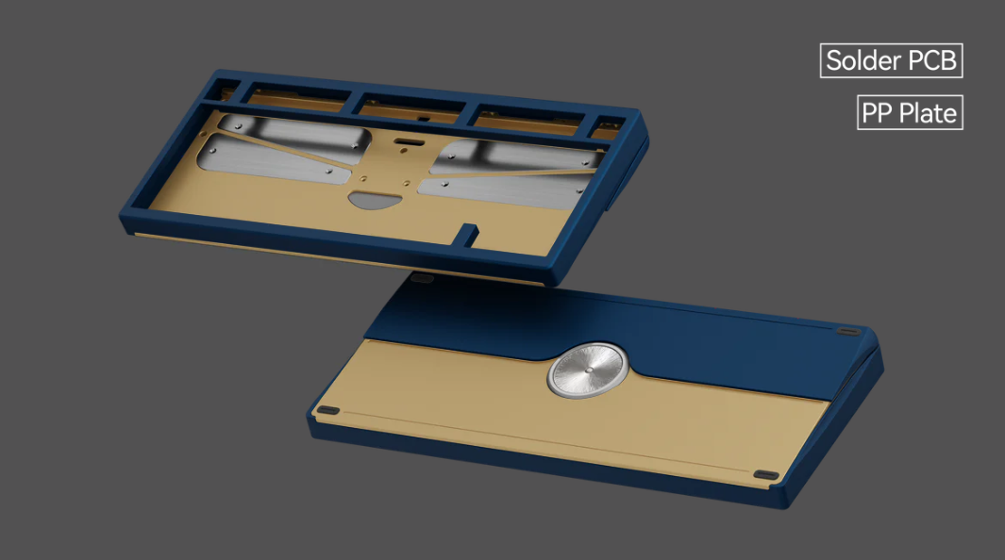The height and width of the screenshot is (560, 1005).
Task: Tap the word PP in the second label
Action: point(876,113)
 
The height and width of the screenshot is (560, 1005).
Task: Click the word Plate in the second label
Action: point(927,113)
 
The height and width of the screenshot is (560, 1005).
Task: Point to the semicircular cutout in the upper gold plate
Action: point(375,200)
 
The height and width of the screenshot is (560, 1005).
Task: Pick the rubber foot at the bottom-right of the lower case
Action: point(766,475)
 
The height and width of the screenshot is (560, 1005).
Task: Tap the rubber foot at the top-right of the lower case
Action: point(849,332)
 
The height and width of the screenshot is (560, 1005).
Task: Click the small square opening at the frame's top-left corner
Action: point(226,92)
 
